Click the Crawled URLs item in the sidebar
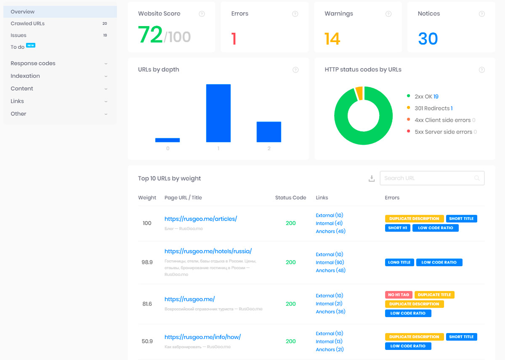[x=28, y=24]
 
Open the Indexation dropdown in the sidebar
[x=25, y=76]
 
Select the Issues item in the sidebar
[x=19, y=35]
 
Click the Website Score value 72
[x=150, y=35]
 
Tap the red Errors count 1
[x=234, y=39]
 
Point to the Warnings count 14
[x=332, y=39]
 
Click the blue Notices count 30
[x=428, y=39]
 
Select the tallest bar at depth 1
[x=218, y=113]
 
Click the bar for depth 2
[x=269, y=132]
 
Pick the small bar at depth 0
[x=167, y=140]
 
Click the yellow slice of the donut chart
[x=359, y=93]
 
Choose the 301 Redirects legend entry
[x=433, y=108]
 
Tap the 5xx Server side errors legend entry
[x=444, y=132]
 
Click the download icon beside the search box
[x=372, y=179]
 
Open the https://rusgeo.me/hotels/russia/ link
[x=208, y=251]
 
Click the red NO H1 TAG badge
[x=399, y=295]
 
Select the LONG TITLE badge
[x=399, y=262]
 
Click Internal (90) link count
[x=330, y=262]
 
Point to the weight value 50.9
[x=147, y=341]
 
